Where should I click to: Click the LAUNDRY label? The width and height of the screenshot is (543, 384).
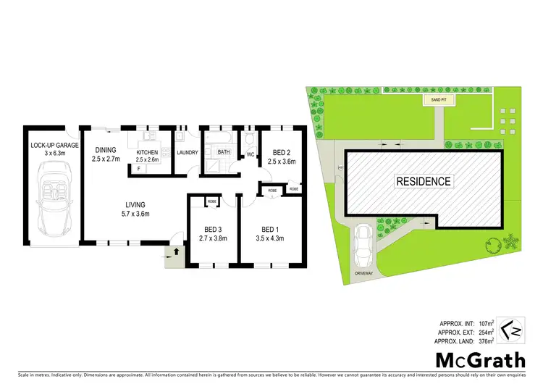187,152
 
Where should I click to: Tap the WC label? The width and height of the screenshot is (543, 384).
250,154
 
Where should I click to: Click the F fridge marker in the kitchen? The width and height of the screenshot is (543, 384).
138,169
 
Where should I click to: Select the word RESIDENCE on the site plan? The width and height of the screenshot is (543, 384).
423,181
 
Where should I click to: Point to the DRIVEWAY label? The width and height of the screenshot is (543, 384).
363,273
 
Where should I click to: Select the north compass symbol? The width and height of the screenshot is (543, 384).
510,330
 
